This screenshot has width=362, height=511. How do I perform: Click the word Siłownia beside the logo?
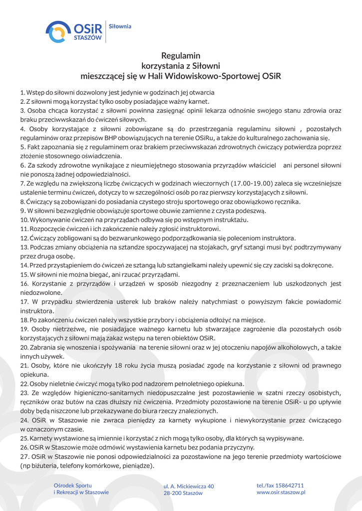coord(120,26)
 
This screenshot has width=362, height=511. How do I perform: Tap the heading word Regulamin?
coord(181,55)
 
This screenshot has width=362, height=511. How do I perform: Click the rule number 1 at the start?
coord(22,92)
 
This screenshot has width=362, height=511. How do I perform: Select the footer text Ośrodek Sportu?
coord(73,485)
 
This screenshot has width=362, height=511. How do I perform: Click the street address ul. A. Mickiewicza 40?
coord(189,486)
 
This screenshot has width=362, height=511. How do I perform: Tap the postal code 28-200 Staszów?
coord(183,493)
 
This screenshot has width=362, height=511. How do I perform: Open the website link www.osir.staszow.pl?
coord(281,492)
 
